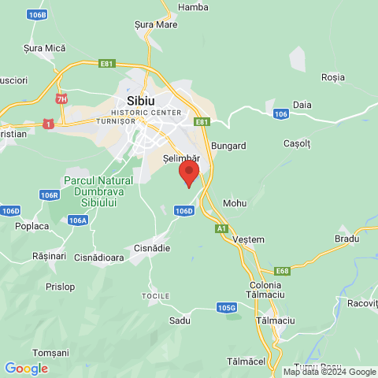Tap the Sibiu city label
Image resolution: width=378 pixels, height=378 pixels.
[x=141, y=101]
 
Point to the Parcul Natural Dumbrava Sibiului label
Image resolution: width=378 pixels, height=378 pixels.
[x=98, y=191]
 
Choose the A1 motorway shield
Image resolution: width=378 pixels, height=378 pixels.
[x=222, y=228]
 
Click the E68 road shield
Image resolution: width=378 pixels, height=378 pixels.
[x=281, y=270]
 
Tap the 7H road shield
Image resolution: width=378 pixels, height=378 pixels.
[x=61, y=99]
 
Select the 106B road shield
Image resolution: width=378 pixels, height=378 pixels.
[x=36, y=15]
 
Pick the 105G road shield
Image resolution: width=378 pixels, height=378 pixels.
[x=227, y=307]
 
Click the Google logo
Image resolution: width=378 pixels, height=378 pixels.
[x=26, y=368]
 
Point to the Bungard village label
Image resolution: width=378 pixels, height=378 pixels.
[x=229, y=146]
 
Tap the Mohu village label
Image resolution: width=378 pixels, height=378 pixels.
[x=235, y=203]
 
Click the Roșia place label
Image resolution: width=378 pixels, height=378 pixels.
[x=333, y=77]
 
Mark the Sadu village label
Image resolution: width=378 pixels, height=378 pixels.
[x=180, y=321]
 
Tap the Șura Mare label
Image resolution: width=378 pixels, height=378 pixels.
[x=155, y=24]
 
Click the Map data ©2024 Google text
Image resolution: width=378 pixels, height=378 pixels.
[x=329, y=372]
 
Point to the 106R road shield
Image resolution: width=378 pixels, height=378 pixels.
[x=50, y=195]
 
